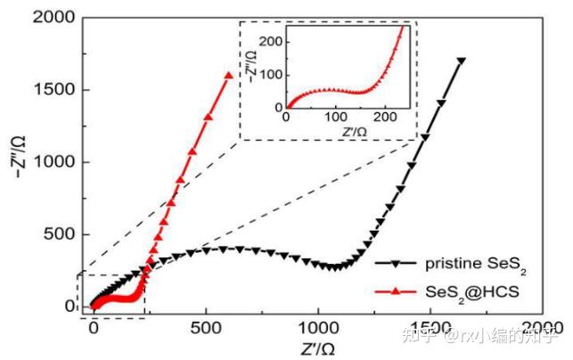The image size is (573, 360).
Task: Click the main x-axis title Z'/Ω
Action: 316,345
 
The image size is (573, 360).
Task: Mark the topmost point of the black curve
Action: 461,61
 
